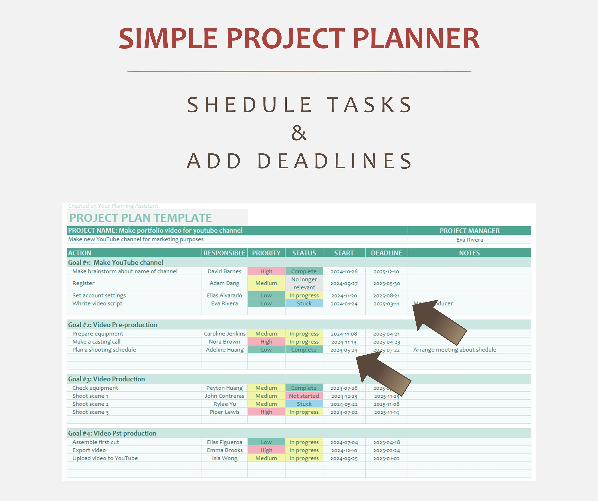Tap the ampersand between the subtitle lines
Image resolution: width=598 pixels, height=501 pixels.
point(299,133)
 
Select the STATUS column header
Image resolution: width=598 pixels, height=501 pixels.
point(304,253)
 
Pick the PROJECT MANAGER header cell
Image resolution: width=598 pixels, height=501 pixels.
point(469,231)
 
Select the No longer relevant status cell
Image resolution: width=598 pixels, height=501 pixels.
point(304,283)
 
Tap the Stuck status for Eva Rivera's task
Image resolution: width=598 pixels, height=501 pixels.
point(304,303)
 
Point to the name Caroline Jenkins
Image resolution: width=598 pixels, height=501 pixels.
point(224,333)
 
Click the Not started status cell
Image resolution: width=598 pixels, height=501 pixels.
point(304,396)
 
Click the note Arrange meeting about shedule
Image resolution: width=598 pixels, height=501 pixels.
point(454,350)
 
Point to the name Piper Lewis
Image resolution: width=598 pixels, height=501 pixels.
point(224,412)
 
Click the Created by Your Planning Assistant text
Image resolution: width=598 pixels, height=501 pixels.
point(113,206)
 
